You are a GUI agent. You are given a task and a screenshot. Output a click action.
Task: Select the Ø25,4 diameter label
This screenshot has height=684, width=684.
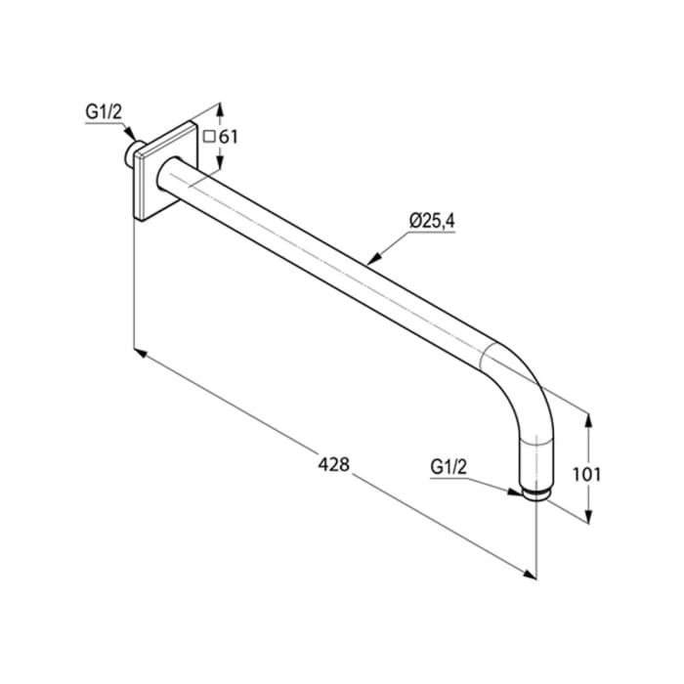pos(432,221)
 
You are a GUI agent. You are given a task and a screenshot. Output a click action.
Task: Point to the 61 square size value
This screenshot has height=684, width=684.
pos(228,136)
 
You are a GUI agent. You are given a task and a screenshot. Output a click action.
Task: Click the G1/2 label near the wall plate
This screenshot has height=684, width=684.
pos(103,112)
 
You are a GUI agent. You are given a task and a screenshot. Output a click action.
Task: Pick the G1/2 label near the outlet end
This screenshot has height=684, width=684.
pos(449,468)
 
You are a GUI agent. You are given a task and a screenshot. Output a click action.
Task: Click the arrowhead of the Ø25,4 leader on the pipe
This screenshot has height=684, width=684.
pos(370,262)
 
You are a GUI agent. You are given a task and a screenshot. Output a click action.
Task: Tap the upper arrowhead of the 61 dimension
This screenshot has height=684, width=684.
pos(218,109)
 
